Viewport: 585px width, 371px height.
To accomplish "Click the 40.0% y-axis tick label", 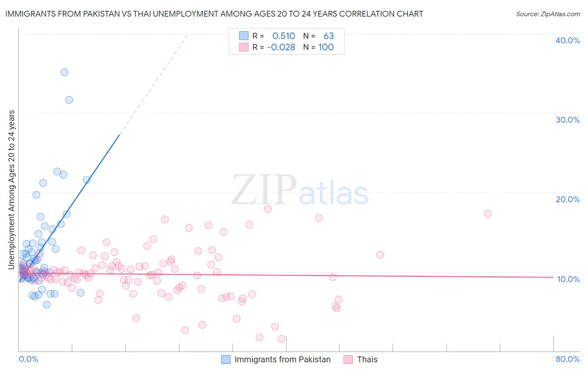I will tap(568, 40).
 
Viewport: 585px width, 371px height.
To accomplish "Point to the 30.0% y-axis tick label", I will tap(568, 120).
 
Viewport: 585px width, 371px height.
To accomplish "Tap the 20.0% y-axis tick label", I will tap(568, 199).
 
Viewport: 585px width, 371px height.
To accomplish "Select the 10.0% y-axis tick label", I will tap(568, 279).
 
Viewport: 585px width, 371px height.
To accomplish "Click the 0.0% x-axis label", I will tap(28, 359).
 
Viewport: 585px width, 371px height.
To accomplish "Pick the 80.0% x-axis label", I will tap(568, 359).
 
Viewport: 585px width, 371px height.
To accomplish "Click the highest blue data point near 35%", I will tap(64, 72).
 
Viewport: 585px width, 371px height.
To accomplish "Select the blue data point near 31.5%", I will tap(69, 100).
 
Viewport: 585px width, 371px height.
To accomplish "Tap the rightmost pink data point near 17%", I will tap(488, 214).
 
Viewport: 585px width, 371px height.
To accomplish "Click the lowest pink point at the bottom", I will tap(281, 339).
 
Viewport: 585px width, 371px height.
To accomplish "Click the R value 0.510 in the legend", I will tap(283, 36).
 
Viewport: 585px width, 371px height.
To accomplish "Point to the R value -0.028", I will tap(281, 47).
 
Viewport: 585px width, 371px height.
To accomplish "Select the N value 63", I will tap(329, 36).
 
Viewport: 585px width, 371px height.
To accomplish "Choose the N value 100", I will tap(326, 47).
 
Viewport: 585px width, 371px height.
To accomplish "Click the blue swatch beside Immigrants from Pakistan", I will tap(226, 359).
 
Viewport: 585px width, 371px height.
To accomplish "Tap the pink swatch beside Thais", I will tap(348, 359).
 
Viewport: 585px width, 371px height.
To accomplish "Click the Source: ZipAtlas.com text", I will tap(548, 14).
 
